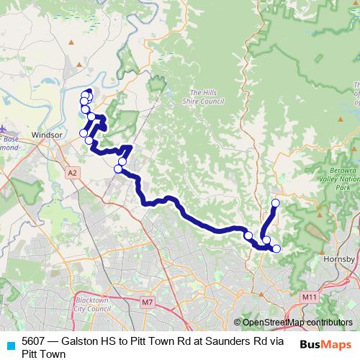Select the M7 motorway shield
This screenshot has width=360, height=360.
(148, 301)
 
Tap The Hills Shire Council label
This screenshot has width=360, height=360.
(207, 97)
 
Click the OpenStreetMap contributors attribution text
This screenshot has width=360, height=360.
(297, 323)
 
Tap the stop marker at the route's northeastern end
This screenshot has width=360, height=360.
(275, 203)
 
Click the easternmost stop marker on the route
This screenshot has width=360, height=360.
(276, 249)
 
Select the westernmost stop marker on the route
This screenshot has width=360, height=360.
(84, 133)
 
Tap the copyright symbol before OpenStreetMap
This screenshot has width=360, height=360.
(238, 323)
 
